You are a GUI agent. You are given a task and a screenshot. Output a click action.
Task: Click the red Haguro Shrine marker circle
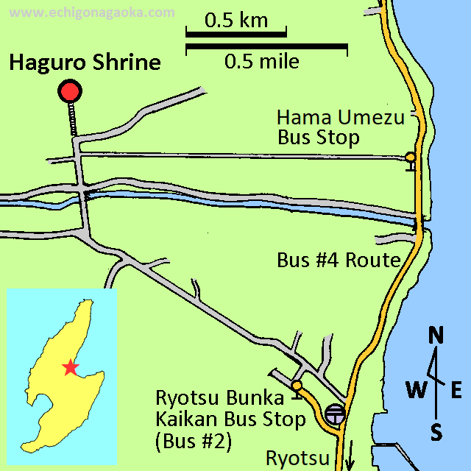70,92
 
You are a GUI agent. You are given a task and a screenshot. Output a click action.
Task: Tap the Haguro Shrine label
85,62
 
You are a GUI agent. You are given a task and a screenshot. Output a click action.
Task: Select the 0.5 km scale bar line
235,34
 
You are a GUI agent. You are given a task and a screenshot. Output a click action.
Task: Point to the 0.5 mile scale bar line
266,46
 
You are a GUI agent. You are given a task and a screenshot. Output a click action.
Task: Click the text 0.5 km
235,21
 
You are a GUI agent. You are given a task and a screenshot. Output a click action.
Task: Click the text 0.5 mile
262,61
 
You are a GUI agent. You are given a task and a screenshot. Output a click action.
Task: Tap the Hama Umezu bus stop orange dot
410,157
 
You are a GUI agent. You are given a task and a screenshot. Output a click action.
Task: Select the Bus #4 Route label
339,260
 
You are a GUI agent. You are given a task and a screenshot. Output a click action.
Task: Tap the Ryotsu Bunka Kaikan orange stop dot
297,386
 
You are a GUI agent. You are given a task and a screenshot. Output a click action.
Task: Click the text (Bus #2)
193,441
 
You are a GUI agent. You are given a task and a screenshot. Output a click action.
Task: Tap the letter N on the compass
436,336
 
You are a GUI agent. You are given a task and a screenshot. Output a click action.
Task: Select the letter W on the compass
417,390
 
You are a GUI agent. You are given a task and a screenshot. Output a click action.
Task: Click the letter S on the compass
436,433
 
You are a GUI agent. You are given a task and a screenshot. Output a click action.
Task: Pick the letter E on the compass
456,390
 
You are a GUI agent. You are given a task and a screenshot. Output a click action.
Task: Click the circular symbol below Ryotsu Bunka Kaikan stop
335,414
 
